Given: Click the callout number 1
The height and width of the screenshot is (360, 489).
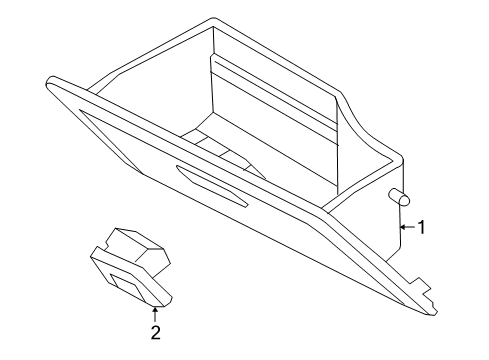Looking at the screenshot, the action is point(421,228).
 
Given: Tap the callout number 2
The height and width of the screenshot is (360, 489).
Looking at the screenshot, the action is point(155,333).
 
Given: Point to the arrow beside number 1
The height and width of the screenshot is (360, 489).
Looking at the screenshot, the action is point(405,228).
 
